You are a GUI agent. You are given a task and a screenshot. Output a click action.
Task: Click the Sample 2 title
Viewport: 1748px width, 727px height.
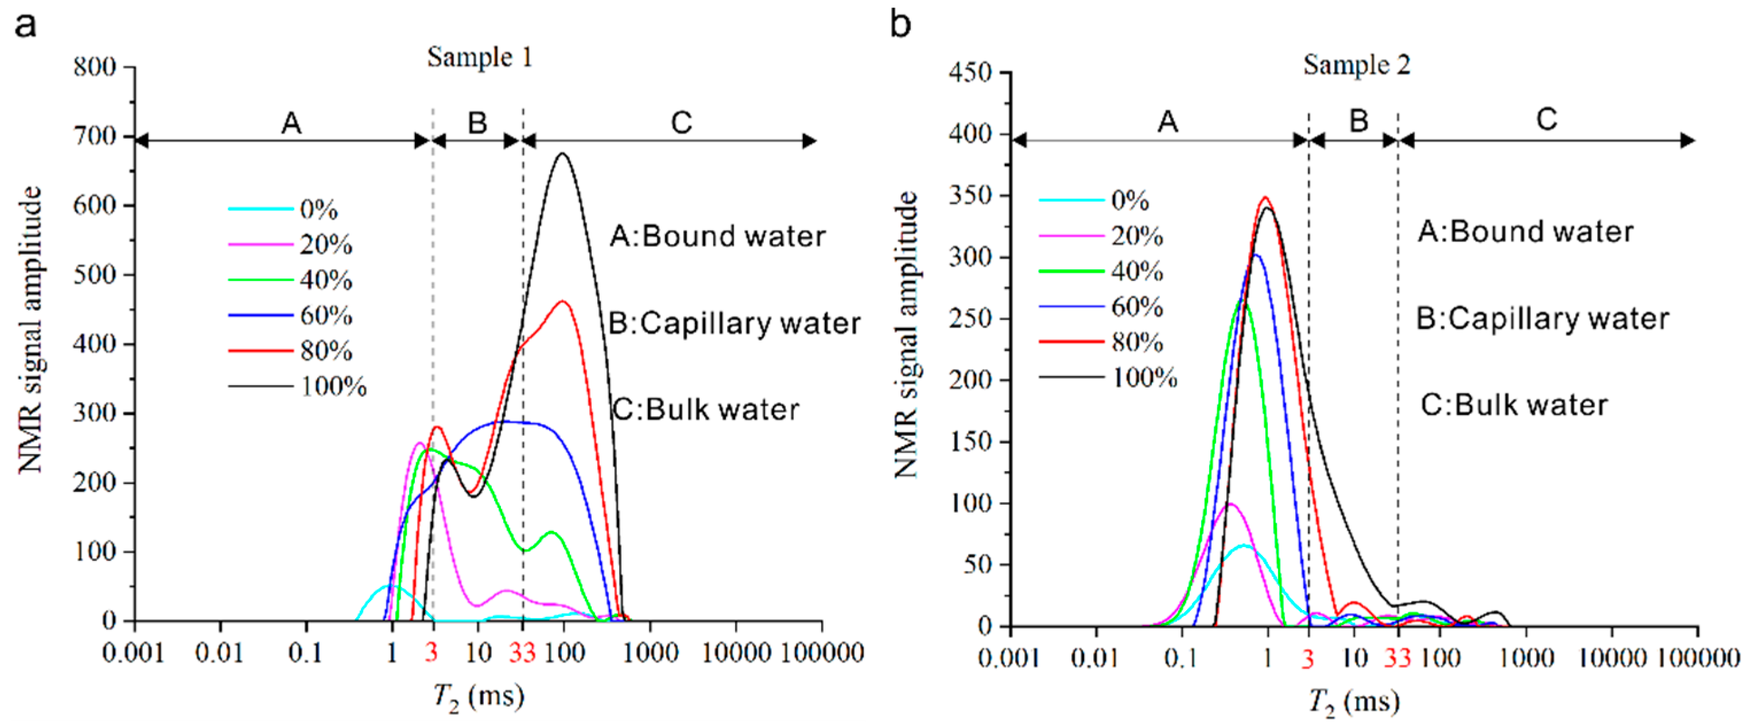coord(1356,65)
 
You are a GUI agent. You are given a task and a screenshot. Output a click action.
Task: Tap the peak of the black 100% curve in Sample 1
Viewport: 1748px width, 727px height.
coord(562,155)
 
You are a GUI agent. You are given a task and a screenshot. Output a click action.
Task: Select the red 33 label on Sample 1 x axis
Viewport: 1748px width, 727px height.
coord(522,653)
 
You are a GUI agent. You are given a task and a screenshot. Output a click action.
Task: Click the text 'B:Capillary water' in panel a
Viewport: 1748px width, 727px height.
coord(734,323)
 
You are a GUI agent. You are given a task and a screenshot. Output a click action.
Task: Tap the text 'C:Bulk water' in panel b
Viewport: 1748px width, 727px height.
coord(1514,405)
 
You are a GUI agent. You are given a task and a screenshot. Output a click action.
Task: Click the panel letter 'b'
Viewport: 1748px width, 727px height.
coord(900,25)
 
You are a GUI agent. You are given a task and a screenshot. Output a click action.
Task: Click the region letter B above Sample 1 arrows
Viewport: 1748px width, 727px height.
coord(477,123)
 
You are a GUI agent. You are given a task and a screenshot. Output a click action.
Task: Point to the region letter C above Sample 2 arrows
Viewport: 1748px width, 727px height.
coord(1546,120)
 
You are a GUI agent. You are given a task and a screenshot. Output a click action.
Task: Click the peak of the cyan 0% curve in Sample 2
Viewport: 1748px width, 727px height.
coord(1243,545)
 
